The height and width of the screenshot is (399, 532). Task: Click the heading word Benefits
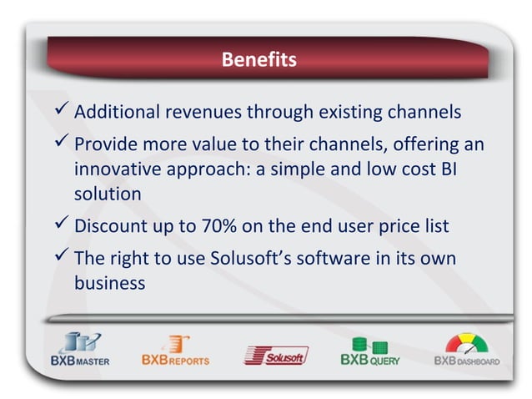(258, 61)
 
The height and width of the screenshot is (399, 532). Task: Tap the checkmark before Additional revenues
(60, 111)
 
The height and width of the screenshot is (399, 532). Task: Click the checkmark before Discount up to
(60, 225)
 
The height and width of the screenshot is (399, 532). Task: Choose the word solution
(108, 194)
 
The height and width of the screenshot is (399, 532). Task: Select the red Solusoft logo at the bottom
(275, 356)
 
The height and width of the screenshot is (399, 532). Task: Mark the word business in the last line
(110, 282)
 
